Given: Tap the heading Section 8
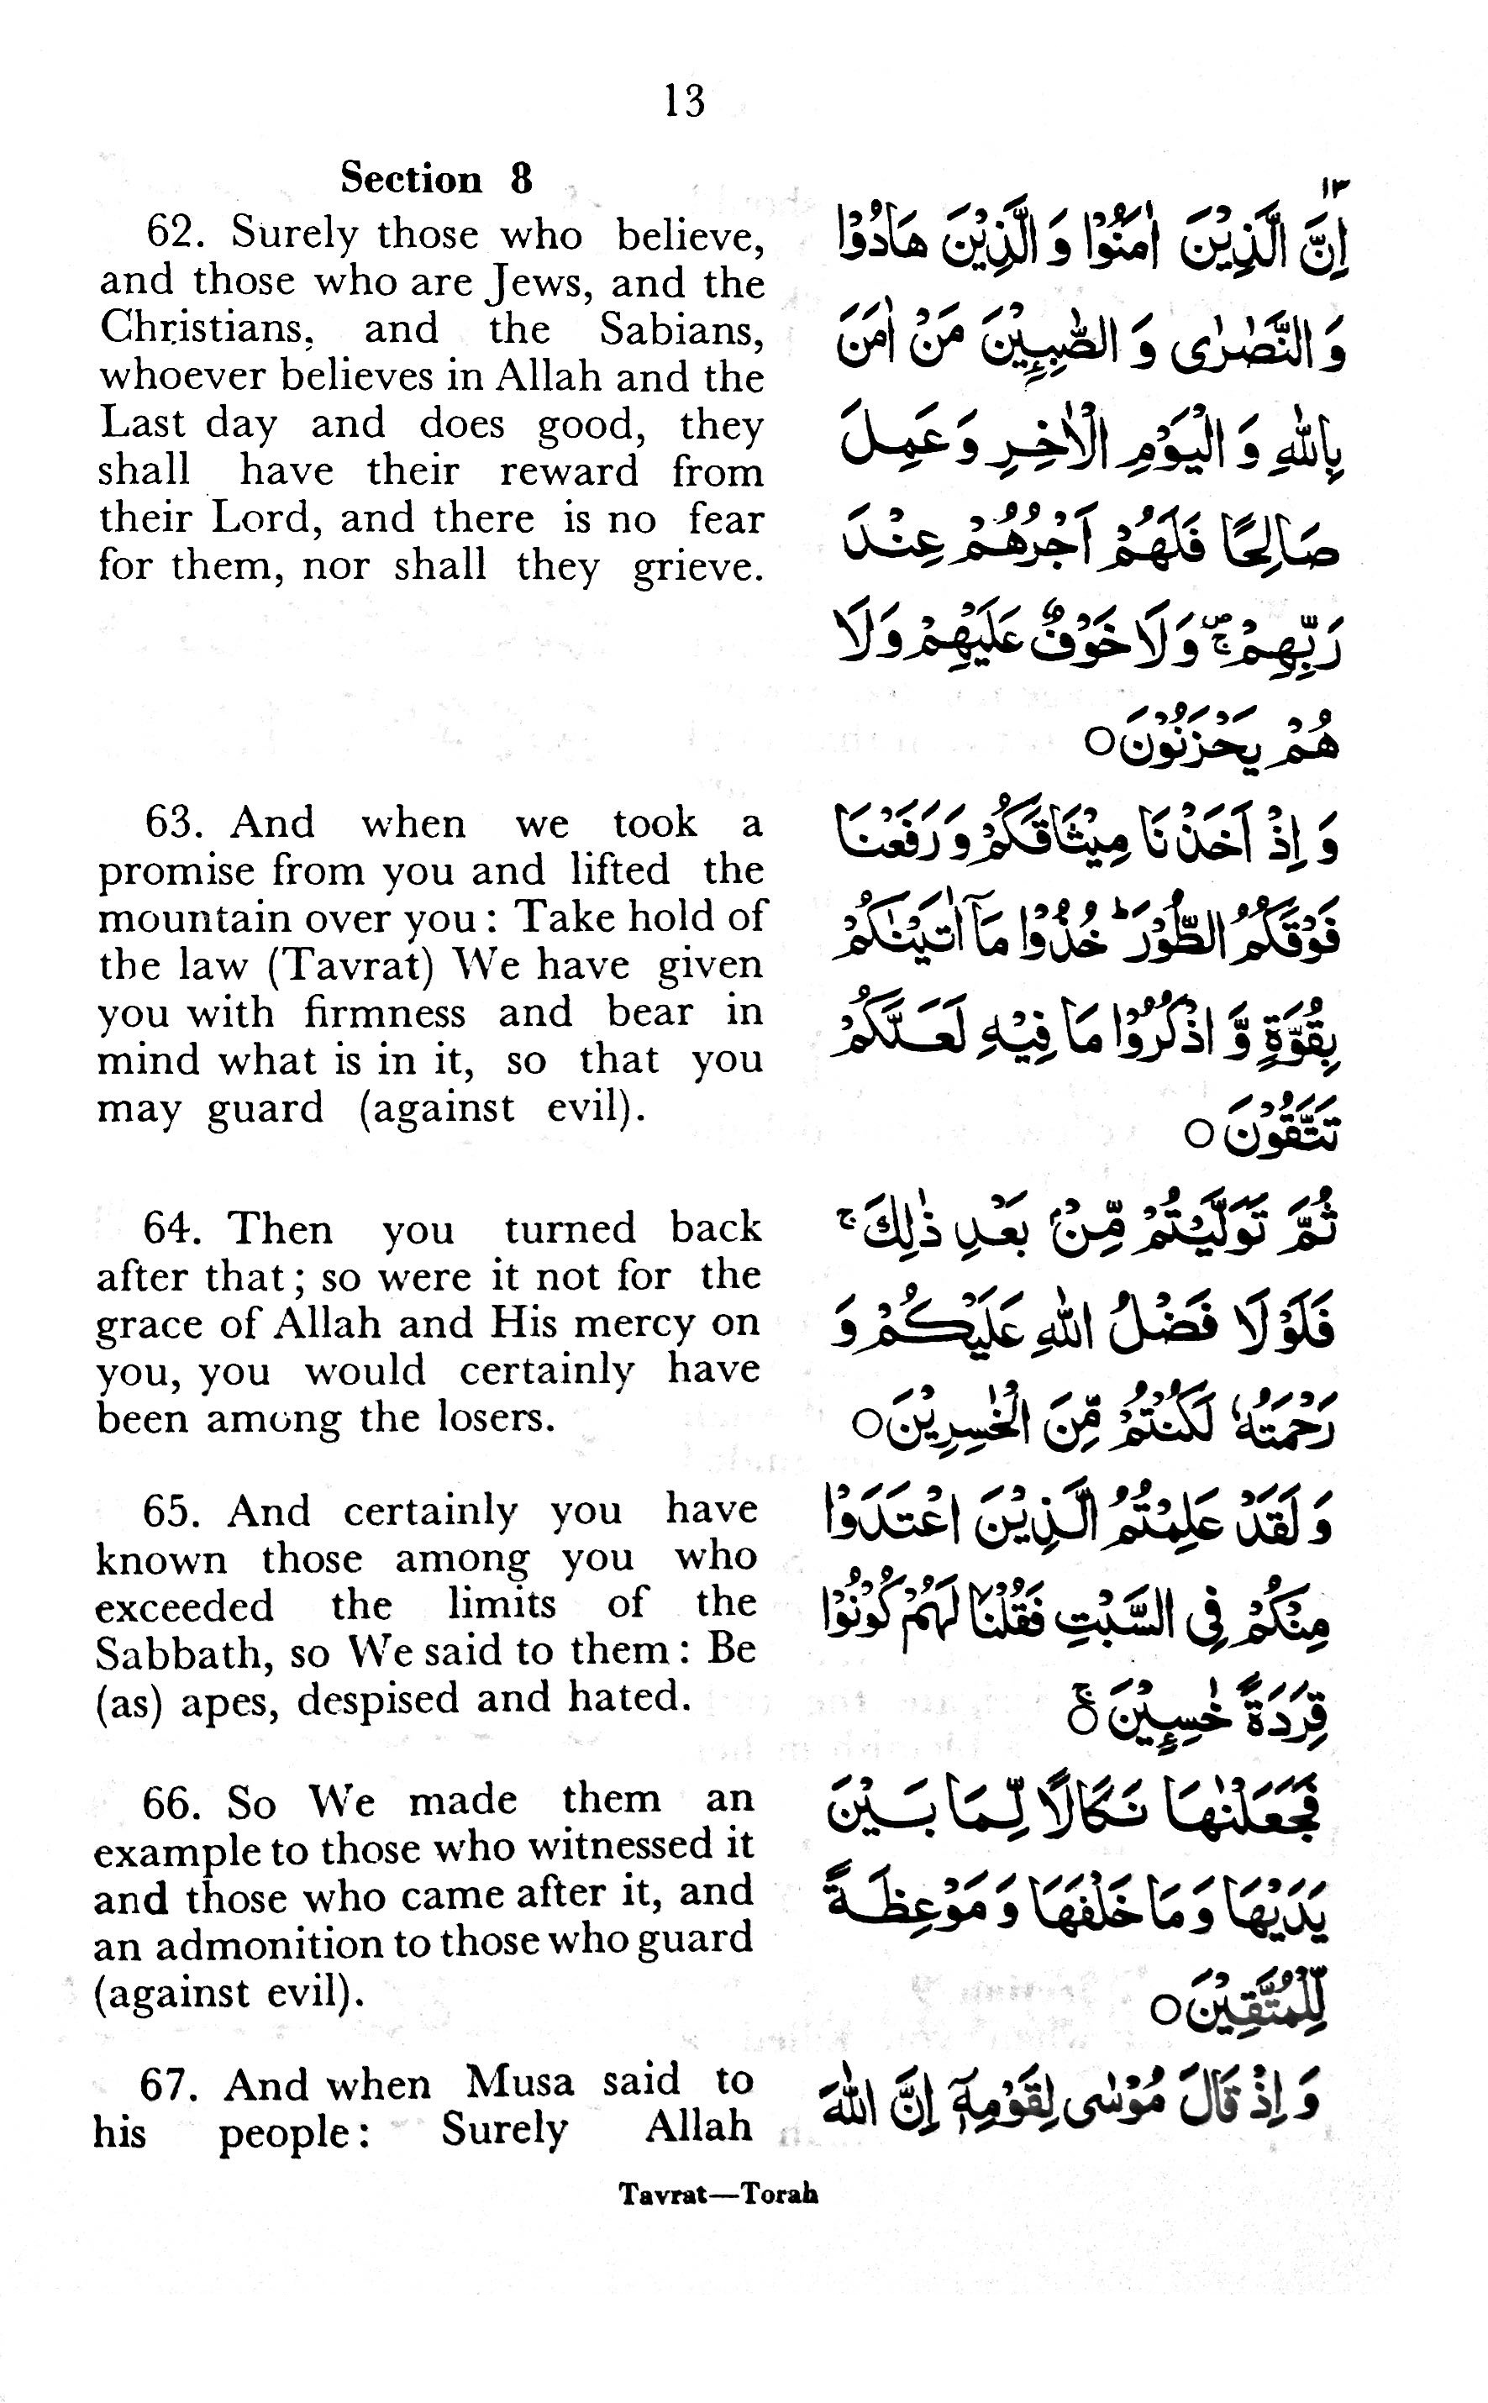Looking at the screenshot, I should (436, 179).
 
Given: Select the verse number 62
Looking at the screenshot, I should (168, 234).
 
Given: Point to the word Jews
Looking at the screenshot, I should (536, 282).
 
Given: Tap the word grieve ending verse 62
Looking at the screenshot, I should (697, 565).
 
